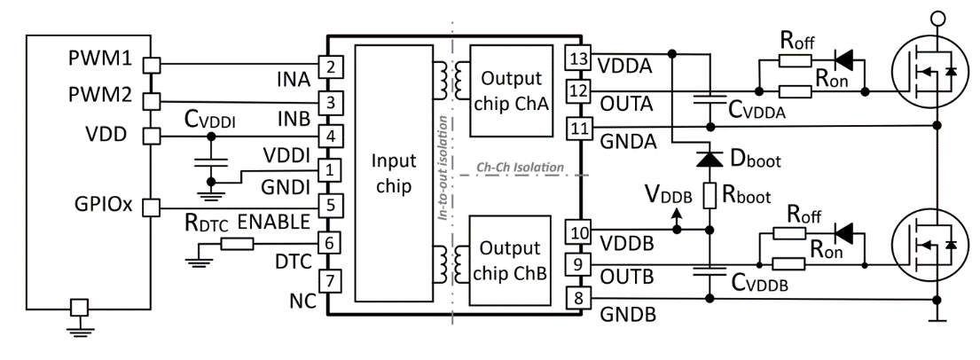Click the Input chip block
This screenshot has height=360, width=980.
[x=392, y=176]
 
